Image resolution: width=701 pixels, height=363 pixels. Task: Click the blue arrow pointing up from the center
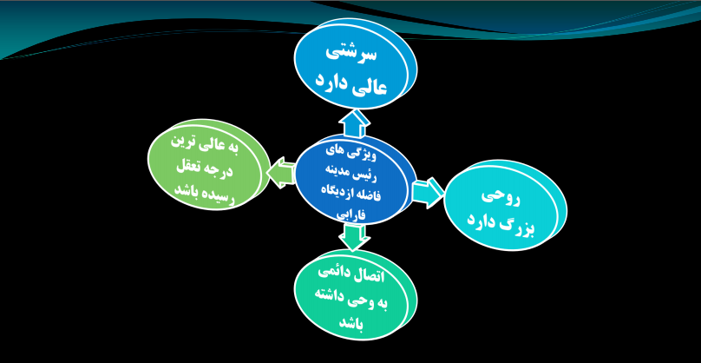pyautogui.click(x=355, y=122)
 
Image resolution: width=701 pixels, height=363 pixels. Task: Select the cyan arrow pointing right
pyautogui.click(x=427, y=191)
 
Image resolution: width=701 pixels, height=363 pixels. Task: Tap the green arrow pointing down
pyautogui.click(x=351, y=236)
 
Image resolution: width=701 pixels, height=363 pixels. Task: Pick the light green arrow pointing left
pyautogui.click(x=280, y=173)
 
